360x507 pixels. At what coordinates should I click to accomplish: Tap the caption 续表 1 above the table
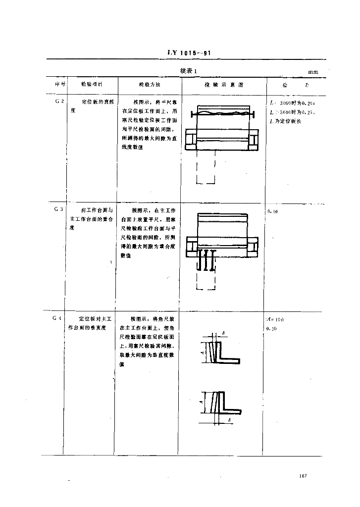point(188,71)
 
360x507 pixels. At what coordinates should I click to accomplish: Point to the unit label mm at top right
point(313,72)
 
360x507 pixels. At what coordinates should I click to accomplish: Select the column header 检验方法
point(149,85)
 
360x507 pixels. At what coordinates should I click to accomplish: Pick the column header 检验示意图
point(224,85)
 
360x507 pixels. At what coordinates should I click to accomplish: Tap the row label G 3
point(59,209)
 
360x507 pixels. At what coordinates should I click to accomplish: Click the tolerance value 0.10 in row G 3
point(272,211)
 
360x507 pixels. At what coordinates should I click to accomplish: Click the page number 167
point(304,476)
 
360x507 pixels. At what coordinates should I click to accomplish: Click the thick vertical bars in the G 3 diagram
point(206,259)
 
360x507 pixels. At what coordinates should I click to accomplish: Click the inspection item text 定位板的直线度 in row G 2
point(94,102)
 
